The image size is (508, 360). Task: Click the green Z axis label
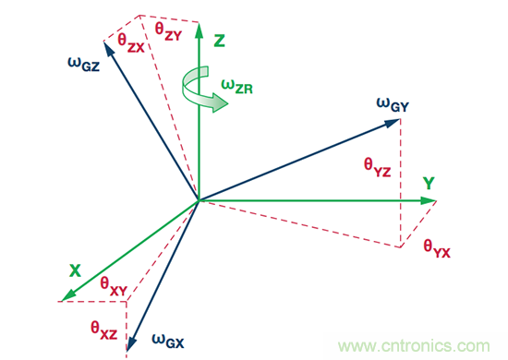point(219,41)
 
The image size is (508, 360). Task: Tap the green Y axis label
point(429,184)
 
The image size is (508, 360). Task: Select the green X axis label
point(75,270)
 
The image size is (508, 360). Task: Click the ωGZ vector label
point(83,64)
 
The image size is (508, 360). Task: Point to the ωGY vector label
point(393,105)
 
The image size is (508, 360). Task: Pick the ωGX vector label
point(168,341)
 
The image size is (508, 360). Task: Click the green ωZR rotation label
point(236,87)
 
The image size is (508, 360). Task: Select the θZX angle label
point(131,43)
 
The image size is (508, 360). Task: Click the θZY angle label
point(168,31)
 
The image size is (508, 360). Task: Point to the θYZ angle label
point(378,167)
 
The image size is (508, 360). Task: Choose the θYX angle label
point(437,248)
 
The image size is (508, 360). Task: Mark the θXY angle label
point(114,286)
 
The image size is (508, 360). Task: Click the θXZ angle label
point(104,330)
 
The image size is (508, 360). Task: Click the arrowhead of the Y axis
point(429,200)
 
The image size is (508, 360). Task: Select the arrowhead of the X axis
point(68,295)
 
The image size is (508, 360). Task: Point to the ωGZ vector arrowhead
point(109,49)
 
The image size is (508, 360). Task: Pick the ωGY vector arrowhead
point(392,123)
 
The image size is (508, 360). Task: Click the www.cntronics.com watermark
point(414,346)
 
